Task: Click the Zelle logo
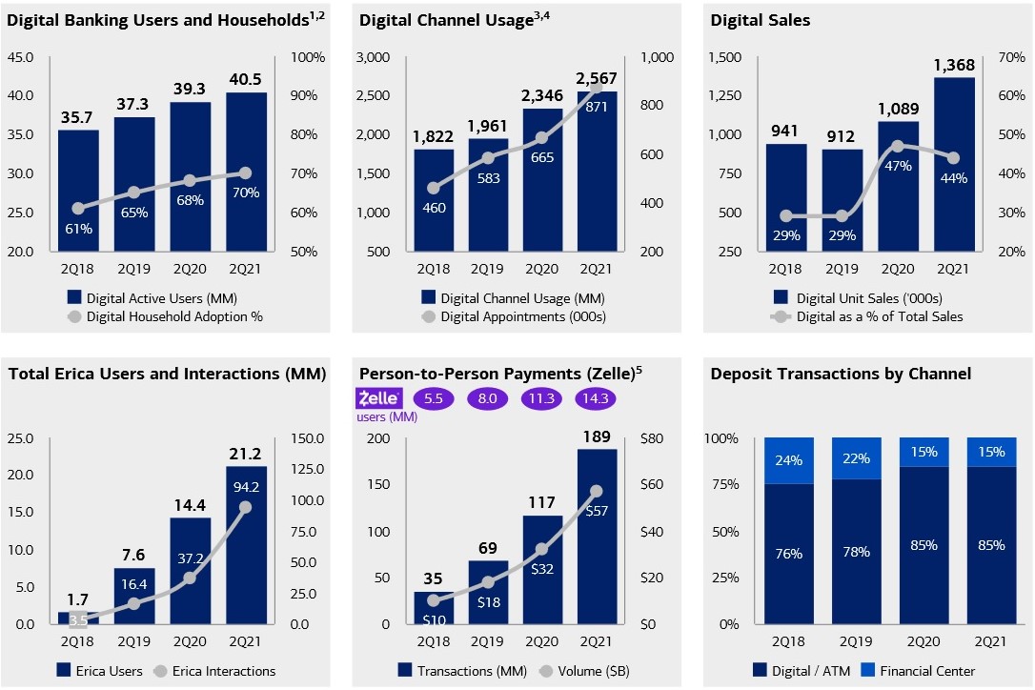tap(379, 398)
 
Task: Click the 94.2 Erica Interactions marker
tap(246, 508)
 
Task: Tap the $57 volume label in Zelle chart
tap(597, 511)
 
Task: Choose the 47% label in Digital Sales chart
tap(898, 165)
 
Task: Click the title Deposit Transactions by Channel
tap(841, 374)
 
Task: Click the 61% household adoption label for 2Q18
tap(78, 228)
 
